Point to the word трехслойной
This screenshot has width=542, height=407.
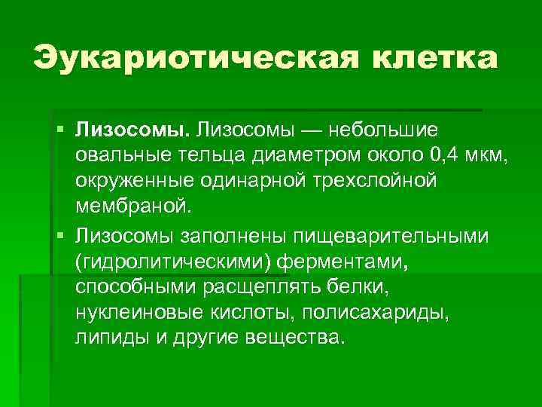(364, 182)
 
